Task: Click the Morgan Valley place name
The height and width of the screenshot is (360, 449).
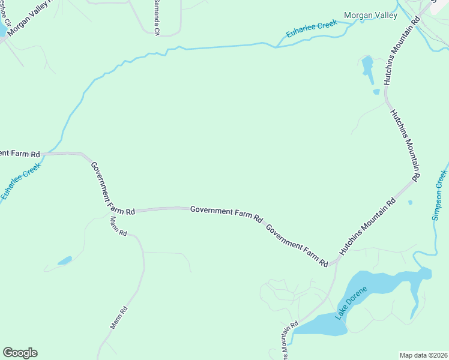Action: point(370,16)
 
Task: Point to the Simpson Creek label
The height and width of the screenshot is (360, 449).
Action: point(440,194)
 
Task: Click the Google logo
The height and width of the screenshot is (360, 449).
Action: point(20,353)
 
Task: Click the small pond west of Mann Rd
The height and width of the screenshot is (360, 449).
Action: point(64,260)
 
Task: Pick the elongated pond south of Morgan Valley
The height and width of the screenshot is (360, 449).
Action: point(367,67)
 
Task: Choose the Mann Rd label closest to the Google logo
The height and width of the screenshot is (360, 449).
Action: point(119,318)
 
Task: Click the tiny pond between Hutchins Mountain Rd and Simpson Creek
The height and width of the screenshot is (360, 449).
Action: point(410,202)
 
